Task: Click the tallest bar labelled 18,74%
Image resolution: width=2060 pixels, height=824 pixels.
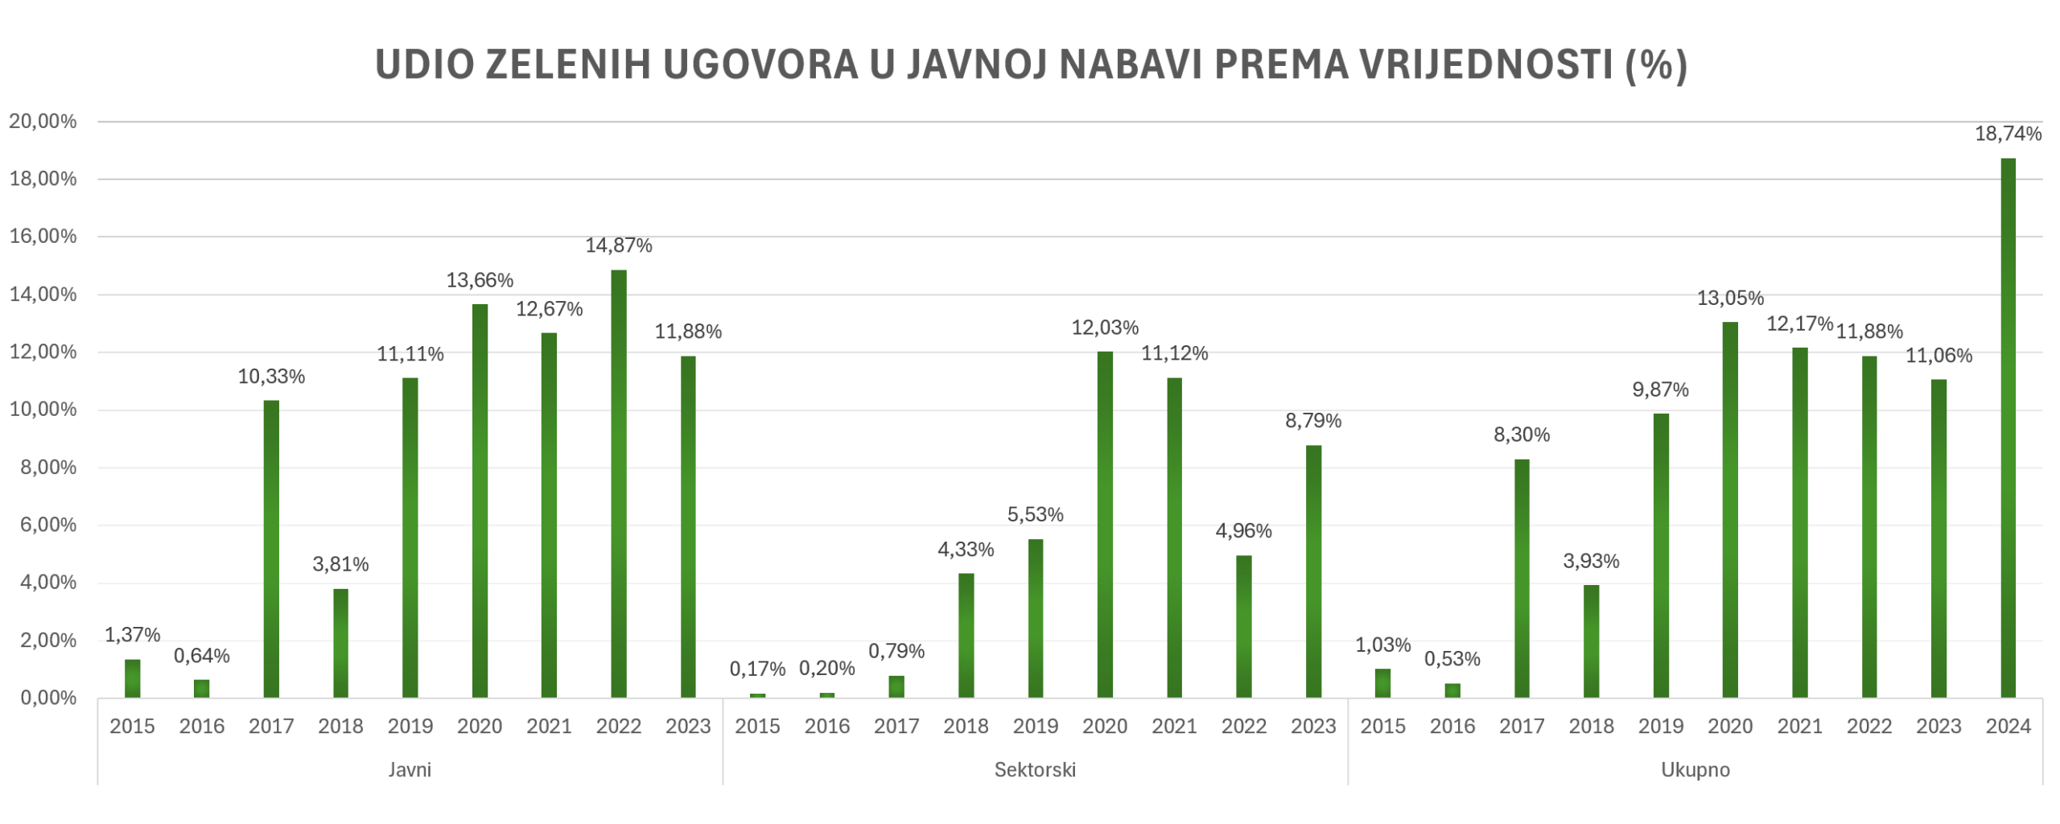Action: pos(2008,426)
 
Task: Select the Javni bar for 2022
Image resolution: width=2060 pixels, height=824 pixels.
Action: pos(618,483)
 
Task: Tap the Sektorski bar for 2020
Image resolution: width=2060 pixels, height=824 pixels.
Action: pos(1105,523)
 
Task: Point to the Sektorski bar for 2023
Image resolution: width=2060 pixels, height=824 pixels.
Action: pos(1313,571)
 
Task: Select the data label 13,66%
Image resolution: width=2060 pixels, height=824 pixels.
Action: pos(480,280)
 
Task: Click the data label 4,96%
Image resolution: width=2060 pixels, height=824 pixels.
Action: pos(1243,531)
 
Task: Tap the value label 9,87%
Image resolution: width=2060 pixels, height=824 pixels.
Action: pos(1660,389)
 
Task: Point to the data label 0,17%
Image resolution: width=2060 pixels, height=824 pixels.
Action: pos(757,669)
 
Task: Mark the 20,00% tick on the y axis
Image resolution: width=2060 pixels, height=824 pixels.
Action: pos(43,122)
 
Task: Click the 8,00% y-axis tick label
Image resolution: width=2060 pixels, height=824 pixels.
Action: pos(47,468)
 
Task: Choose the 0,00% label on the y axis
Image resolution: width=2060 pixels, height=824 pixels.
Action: pos(47,698)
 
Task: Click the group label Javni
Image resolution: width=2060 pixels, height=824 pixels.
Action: pos(410,770)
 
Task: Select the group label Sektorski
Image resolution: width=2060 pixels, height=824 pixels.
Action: pos(1035,770)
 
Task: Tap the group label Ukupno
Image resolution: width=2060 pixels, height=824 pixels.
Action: pos(1695,770)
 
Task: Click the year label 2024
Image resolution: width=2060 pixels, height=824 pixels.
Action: pos(2008,727)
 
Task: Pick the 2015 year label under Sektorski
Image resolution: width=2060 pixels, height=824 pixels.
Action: pos(757,727)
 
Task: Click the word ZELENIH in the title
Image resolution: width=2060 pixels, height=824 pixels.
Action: pos(568,65)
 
